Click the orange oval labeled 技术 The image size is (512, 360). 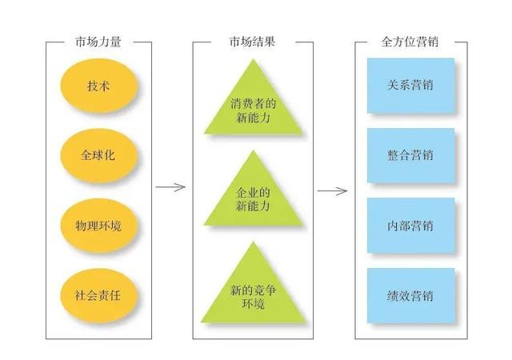99,85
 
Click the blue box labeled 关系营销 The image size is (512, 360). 410,85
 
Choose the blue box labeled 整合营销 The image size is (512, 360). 410,154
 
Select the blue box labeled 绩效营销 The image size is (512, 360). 410,295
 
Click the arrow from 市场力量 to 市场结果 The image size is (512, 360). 170,188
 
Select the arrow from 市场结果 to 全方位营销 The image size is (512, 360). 332,190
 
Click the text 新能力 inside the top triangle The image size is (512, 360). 253,118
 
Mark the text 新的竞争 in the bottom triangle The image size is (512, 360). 253,289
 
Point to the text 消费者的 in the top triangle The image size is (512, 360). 253,104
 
